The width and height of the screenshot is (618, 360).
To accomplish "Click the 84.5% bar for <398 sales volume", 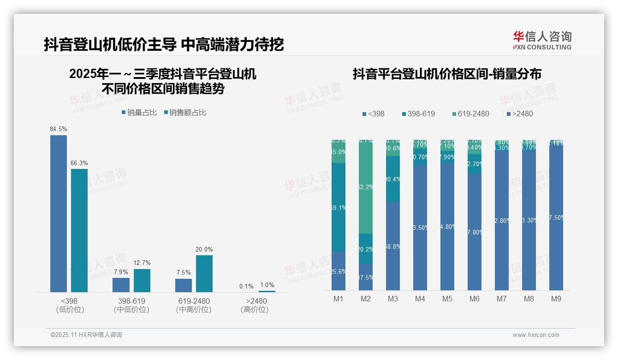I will (x=59, y=213).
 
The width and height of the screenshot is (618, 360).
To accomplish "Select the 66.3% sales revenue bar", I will (x=79, y=230).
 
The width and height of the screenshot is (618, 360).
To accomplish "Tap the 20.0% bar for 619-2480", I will (x=204, y=273).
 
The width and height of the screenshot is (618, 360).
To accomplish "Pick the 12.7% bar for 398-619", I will (x=142, y=280).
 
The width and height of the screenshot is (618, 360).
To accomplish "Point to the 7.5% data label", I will (x=184, y=273).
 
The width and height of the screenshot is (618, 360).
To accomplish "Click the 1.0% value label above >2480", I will (x=267, y=285).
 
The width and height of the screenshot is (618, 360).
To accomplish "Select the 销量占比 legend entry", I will (x=139, y=113).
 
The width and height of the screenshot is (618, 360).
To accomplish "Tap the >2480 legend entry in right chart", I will (x=520, y=114).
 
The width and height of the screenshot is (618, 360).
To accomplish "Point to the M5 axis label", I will (x=447, y=299).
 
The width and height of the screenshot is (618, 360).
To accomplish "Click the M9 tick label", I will (x=556, y=299).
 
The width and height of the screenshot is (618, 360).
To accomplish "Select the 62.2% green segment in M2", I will (x=366, y=187).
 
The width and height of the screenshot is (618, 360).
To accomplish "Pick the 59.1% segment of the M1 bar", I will (x=339, y=208).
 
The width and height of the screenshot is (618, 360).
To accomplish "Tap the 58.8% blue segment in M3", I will (x=393, y=246).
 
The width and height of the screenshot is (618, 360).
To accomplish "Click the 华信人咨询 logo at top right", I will (x=542, y=40).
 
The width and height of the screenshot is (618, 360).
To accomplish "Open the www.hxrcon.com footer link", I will (x=536, y=335).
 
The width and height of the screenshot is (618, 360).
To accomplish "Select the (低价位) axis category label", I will (x=70, y=310).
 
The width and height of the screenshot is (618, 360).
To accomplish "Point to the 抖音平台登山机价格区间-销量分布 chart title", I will (x=447, y=74).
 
